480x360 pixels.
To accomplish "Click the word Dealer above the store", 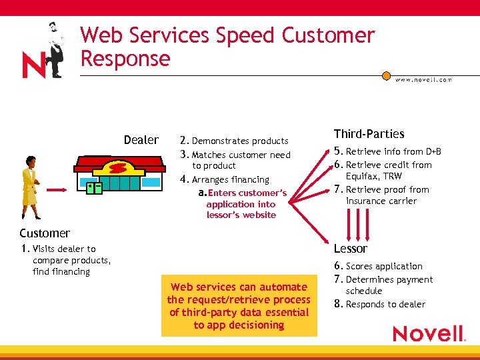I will pos(141,140).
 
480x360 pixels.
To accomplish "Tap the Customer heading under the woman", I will pos(45,233).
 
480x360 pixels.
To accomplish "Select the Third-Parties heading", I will pos(369,134).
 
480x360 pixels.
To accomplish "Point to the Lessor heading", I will pos(350,249).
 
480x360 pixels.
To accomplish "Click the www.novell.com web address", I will pos(423,79).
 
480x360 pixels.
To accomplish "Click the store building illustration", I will pos(119,175).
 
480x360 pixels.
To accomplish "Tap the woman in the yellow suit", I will pos(29,186).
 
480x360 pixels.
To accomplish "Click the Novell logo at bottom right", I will pos(428,333).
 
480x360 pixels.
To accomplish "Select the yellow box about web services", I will pos(239,305).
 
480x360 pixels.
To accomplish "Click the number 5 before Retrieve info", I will pos(337,151).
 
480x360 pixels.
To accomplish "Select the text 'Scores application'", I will pos(384,266).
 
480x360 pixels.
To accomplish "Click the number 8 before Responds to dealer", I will pos(337,304).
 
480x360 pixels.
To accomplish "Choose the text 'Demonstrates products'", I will pos(240,141).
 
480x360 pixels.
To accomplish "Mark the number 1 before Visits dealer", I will pos(24,249).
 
